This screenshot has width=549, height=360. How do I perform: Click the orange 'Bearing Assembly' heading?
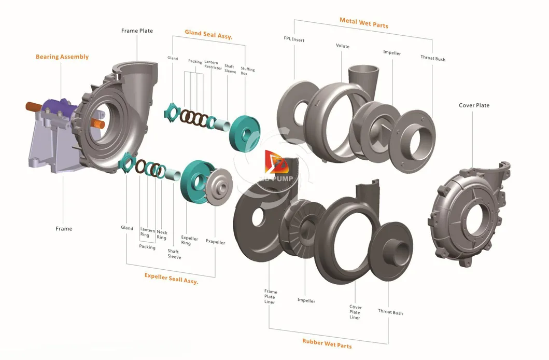pyautogui.click(x=62, y=57)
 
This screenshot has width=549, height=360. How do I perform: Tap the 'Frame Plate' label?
pyautogui.click(x=137, y=31)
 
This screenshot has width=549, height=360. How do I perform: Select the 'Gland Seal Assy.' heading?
pyautogui.click(x=208, y=35)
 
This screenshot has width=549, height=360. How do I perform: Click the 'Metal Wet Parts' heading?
pyautogui.click(x=363, y=23)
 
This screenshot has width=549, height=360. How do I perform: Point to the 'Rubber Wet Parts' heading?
pyautogui.click(x=327, y=343)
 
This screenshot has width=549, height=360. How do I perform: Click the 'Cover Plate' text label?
pyautogui.click(x=474, y=105)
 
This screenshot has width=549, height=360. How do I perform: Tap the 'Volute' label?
pyautogui.click(x=342, y=46)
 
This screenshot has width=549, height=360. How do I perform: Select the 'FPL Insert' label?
pyautogui.click(x=294, y=39)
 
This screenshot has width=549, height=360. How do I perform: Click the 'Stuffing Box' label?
pyautogui.click(x=247, y=71)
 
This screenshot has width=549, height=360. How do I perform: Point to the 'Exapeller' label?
pyautogui.click(x=215, y=242)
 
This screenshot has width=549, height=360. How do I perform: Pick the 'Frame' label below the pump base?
pyautogui.click(x=64, y=228)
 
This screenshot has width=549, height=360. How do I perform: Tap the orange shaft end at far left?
pyautogui.click(x=33, y=107)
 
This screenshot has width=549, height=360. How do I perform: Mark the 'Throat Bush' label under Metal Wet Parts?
pyautogui.click(x=432, y=59)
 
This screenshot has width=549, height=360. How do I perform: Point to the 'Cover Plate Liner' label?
pyautogui.click(x=355, y=312)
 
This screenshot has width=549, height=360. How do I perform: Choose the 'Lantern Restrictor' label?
pyautogui.click(x=213, y=65)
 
